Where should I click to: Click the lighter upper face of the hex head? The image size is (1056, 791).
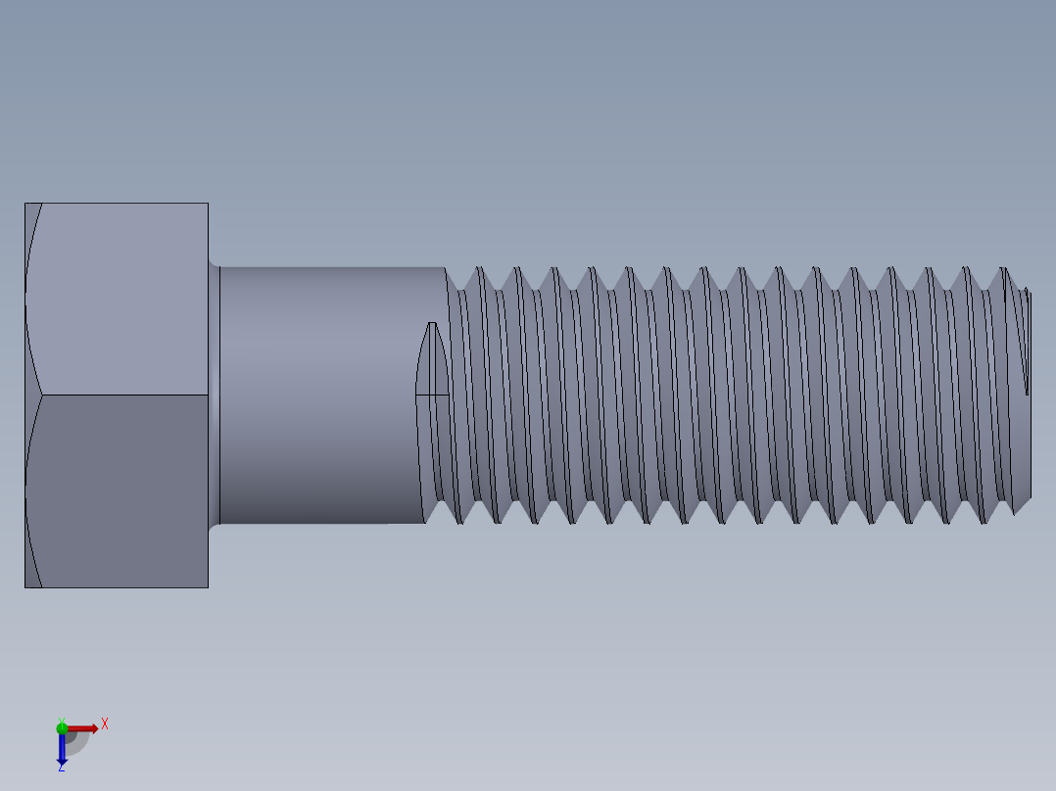118,299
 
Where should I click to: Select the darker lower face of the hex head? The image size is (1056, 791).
118,489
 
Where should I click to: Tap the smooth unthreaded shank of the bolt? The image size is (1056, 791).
323,392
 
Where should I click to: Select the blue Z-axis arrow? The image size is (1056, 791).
62,749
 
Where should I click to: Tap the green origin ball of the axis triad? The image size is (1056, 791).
62,727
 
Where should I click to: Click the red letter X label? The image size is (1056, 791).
105,724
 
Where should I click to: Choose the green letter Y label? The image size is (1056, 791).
61,720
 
